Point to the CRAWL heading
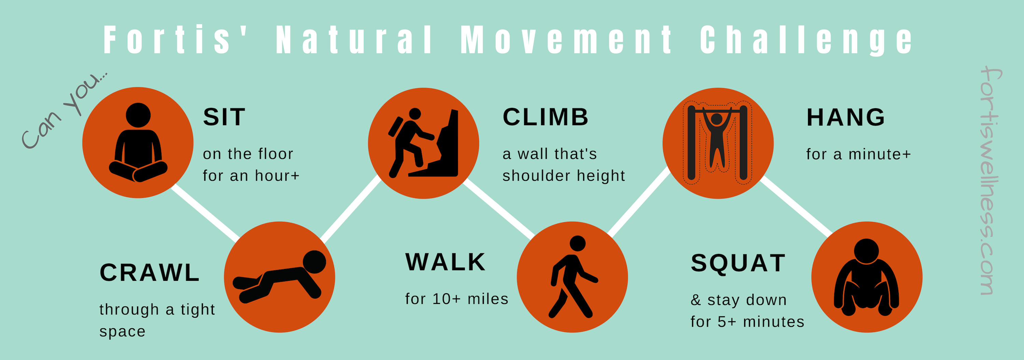coord(150,273)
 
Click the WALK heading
coord(445,262)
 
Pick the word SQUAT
coord(738,263)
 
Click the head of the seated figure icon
coord(138,115)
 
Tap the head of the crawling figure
coord(314,262)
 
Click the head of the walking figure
coord(577,243)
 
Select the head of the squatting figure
coord(866,251)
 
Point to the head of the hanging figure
coord(717,118)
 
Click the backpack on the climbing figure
coord(395,126)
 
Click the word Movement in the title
coord(566,39)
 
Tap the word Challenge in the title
coord(806,40)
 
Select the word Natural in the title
coord(354,39)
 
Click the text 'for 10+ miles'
coord(457,299)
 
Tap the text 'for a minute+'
coord(858,154)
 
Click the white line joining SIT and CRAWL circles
coord(205,213)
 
